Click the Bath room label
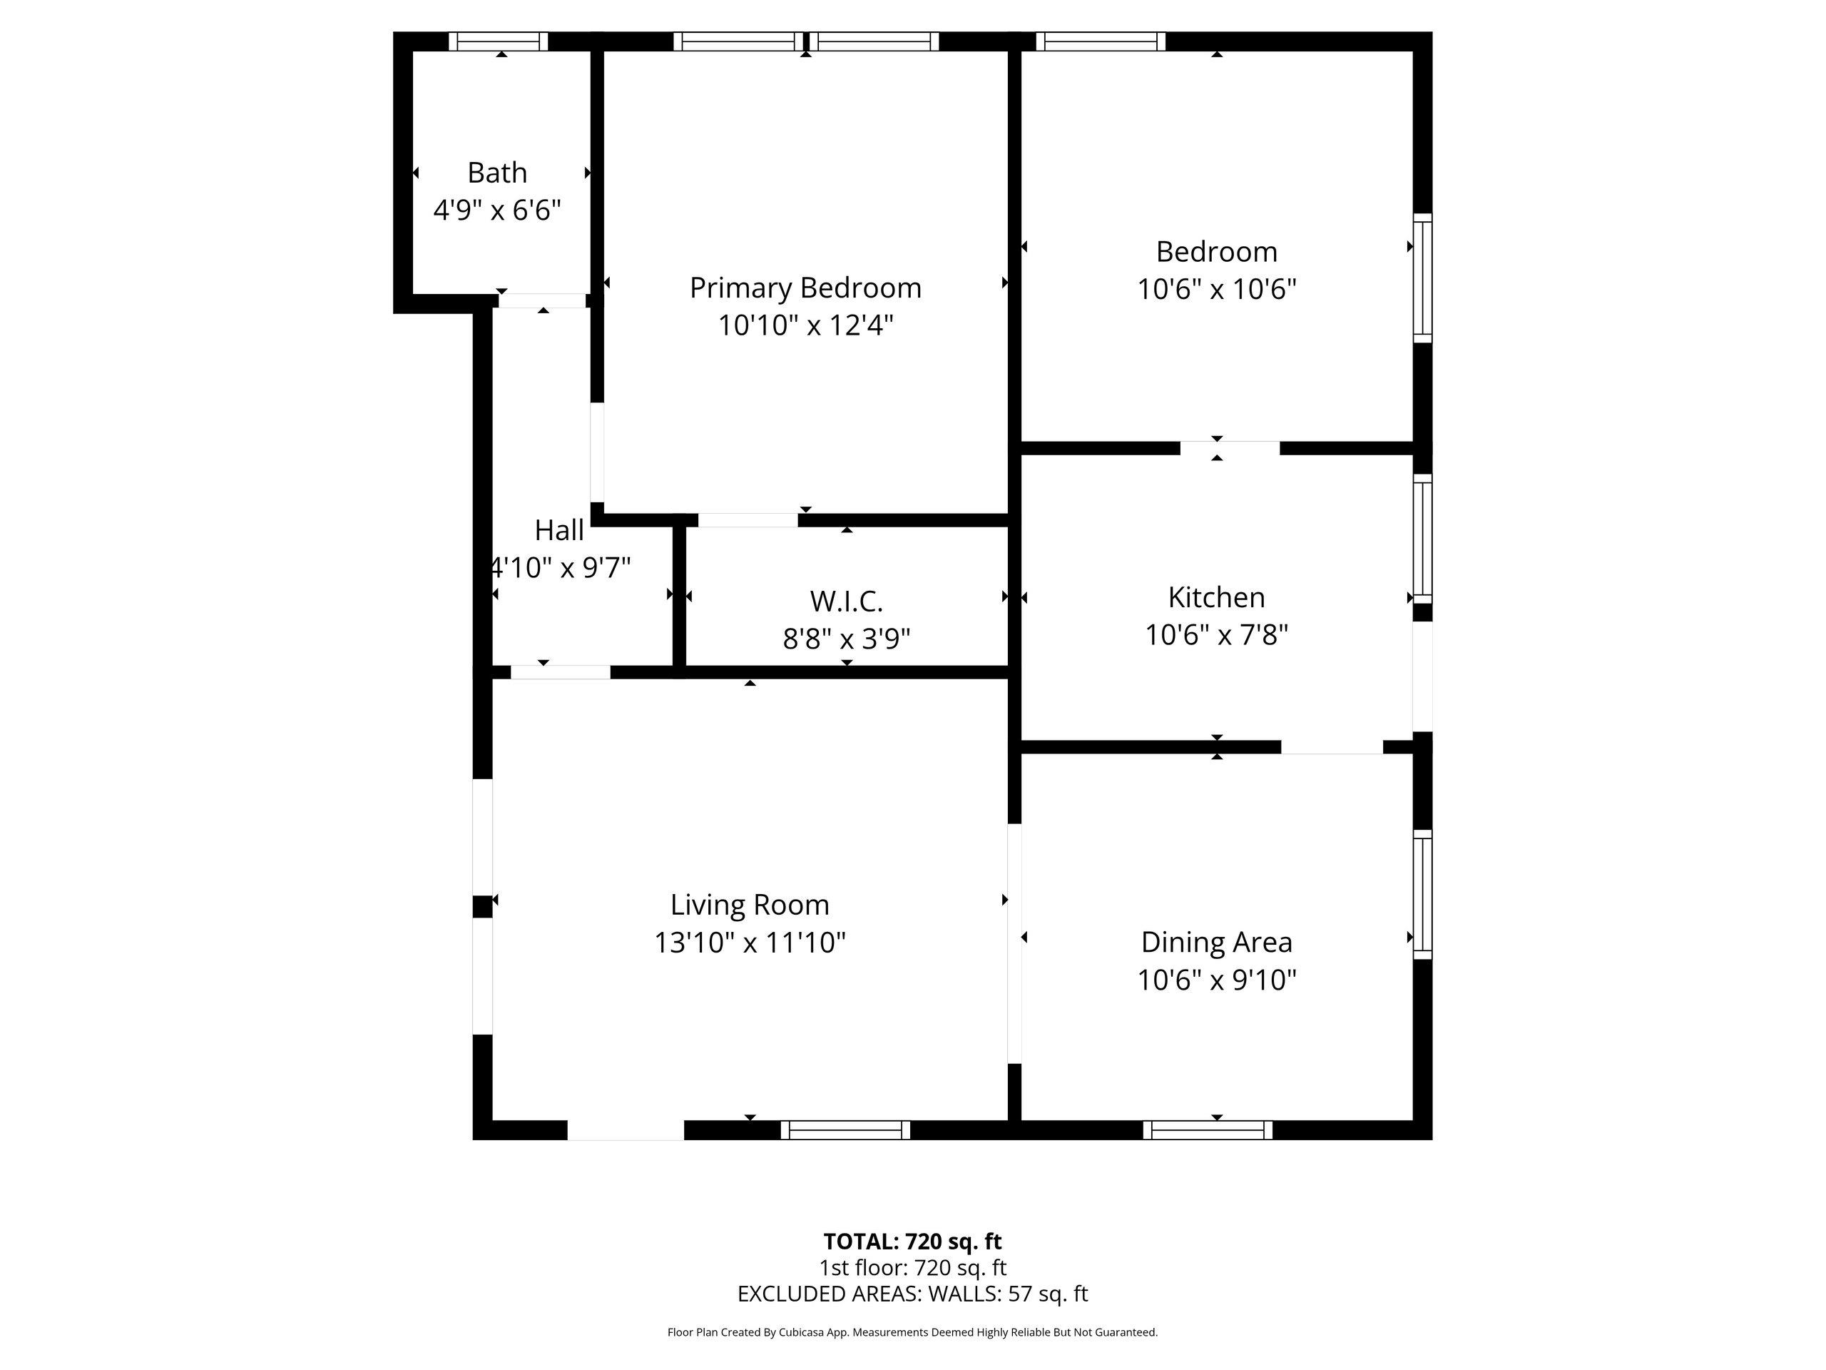click(x=497, y=173)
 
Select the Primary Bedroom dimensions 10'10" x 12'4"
click(x=806, y=325)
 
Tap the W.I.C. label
click(x=846, y=602)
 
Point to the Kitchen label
click(x=1216, y=597)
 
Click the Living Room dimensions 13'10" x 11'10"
click(x=750, y=943)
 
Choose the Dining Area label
click(x=1217, y=943)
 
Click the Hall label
click(x=559, y=530)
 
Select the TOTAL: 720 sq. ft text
click(x=912, y=1241)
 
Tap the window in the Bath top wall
click(x=499, y=41)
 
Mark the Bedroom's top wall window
click(x=1101, y=41)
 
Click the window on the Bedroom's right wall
click(x=1422, y=278)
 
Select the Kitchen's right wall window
click(x=1422, y=539)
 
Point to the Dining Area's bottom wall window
click(x=1208, y=1130)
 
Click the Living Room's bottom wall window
click(x=845, y=1130)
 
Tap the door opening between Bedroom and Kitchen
click(x=1230, y=448)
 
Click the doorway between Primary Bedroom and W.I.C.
click(x=748, y=520)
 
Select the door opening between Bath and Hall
click(x=542, y=300)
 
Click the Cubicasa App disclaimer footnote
click(x=912, y=1332)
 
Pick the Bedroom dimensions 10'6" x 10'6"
click(x=1217, y=289)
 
